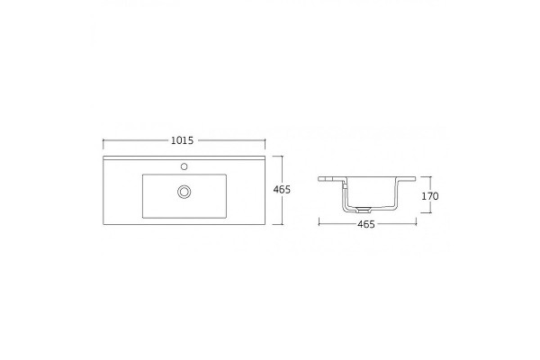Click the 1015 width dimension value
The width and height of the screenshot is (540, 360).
(x=182, y=140)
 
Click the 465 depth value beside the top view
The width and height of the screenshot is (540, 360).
(x=282, y=190)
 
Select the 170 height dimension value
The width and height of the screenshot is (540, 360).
(x=430, y=196)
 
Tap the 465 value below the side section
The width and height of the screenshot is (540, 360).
(x=366, y=224)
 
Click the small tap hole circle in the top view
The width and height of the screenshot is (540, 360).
(x=184, y=166)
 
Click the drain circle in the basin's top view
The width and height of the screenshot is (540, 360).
(x=184, y=192)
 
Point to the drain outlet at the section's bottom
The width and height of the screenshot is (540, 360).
(x=364, y=209)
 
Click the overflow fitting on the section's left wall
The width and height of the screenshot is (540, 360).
(x=344, y=186)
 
